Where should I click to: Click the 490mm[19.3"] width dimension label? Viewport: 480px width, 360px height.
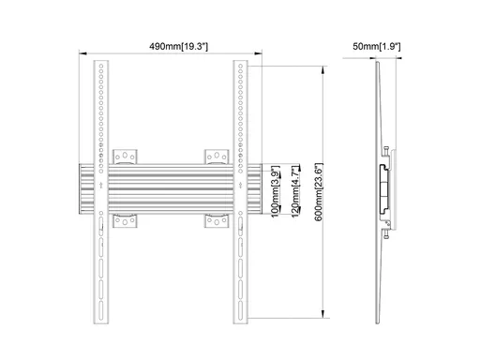pyautogui.click(x=178, y=47)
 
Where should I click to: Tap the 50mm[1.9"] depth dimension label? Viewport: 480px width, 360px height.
pyautogui.click(x=377, y=47)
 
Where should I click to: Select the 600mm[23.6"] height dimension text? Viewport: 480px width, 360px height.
pyautogui.click(x=319, y=192)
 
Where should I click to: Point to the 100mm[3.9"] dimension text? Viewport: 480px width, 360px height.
pyautogui.click(x=275, y=191)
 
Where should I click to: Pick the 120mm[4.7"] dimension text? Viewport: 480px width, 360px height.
pyautogui.click(x=296, y=191)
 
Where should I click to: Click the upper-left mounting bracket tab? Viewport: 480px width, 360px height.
pyautogui.click(x=125, y=157)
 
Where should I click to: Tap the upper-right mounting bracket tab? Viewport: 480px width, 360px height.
pyautogui.click(x=217, y=157)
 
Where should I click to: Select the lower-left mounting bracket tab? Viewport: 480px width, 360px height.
pyautogui.click(x=125, y=221)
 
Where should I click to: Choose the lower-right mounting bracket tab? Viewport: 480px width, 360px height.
pyautogui.click(x=217, y=221)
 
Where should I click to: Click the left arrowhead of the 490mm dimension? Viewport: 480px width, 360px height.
pyautogui.click(x=82, y=53)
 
